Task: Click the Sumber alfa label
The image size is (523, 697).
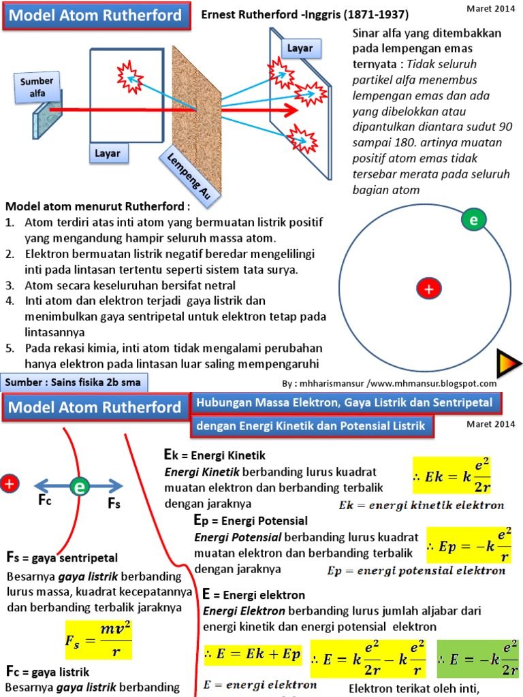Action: point(37,87)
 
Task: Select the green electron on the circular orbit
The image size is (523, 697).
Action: point(473,220)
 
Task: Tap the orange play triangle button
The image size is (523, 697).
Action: point(505,363)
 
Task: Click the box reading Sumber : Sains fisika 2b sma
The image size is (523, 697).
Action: point(74,382)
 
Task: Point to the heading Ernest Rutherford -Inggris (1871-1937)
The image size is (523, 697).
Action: point(305,14)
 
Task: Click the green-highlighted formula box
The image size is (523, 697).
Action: point(477,658)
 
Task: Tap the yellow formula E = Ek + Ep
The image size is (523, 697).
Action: point(252,655)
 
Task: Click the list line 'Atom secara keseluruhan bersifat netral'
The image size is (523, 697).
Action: point(130,285)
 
